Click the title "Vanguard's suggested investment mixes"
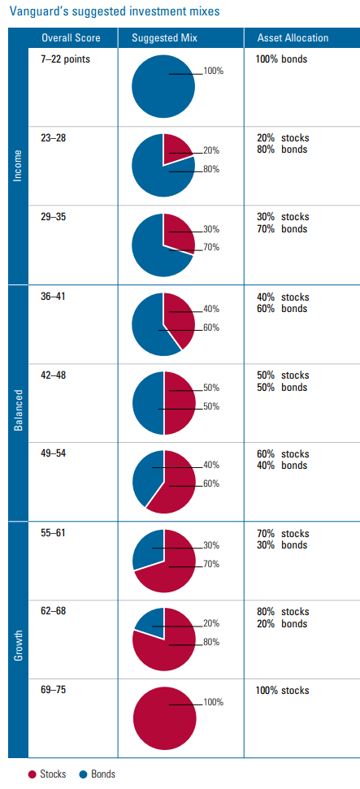[x=114, y=12]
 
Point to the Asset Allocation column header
[x=293, y=38]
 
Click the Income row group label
[x=18, y=166]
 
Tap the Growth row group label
[x=18, y=639]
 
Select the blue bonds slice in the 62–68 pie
[x=150, y=619]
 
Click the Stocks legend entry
[x=47, y=774]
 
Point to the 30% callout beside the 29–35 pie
[x=211, y=230]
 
